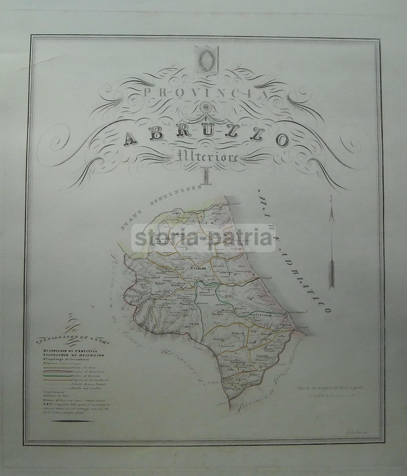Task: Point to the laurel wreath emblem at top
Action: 206,59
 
